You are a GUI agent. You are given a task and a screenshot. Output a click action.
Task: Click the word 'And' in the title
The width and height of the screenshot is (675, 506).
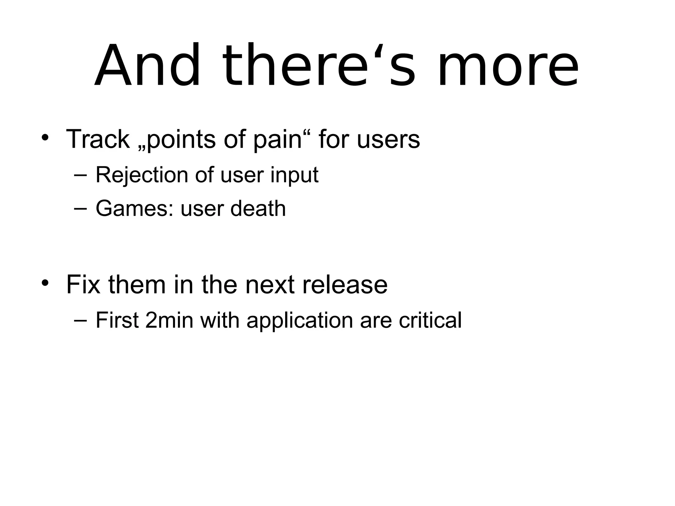coord(147,66)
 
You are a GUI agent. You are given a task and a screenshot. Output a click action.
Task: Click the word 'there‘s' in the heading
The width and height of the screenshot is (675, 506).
coord(319,66)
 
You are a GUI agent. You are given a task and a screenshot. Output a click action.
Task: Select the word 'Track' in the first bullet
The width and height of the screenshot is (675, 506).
coord(98,139)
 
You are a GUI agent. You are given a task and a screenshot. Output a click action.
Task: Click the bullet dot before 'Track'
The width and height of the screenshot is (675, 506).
coord(45,138)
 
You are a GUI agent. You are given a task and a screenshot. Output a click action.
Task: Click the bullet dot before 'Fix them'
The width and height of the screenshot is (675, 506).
coord(45,283)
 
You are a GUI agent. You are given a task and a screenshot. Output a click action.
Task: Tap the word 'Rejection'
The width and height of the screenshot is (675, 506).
coord(142,175)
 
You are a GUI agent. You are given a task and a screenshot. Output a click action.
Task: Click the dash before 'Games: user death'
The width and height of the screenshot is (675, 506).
coord(80,209)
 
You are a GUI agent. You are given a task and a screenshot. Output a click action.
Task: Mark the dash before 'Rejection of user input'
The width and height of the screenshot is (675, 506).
coord(80,175)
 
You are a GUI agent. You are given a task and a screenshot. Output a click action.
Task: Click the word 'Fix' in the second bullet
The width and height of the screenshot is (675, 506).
coord(83,285)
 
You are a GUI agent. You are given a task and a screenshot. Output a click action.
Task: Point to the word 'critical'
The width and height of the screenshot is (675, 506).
coord(430,320)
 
